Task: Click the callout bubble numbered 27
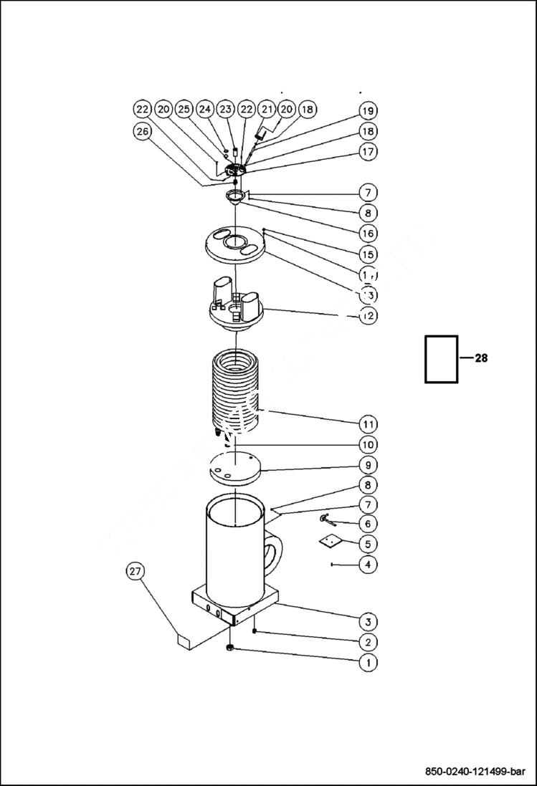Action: click(135, 571)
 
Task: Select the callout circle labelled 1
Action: click(367, 663)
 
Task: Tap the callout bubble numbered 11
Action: click(367, 424)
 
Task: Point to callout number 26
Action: click(143, 131)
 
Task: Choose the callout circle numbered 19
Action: click(367, 111)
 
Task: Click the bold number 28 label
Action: click(480, 358)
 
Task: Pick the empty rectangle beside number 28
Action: click(441, 358)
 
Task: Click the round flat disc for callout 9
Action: click(235, 467)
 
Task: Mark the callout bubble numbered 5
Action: click(367, 544)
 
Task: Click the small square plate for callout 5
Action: click(328, 542)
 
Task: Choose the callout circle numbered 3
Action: click(367, 621)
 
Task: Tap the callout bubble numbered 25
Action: click(184, 109)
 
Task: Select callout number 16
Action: click(367, 233)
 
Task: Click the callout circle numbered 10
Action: click(367, 444)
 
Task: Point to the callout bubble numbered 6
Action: click(367, 524)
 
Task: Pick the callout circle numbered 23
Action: click(226, 109)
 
